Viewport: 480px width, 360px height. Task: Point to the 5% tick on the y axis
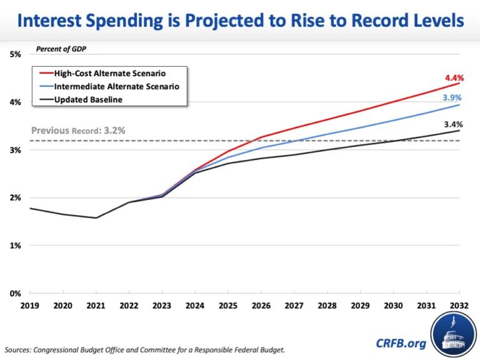pos(16,54)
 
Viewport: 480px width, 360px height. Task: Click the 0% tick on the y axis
pos(16,293)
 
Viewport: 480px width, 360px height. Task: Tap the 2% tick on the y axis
pos(16,197)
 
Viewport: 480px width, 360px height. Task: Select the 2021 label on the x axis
pos(96,306)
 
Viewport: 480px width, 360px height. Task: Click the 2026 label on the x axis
pos(261,306)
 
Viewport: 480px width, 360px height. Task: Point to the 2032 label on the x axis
pos(459,306)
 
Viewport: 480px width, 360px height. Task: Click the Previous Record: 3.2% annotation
pos(78,131)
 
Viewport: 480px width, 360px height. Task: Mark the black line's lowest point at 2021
pos(96,218)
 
